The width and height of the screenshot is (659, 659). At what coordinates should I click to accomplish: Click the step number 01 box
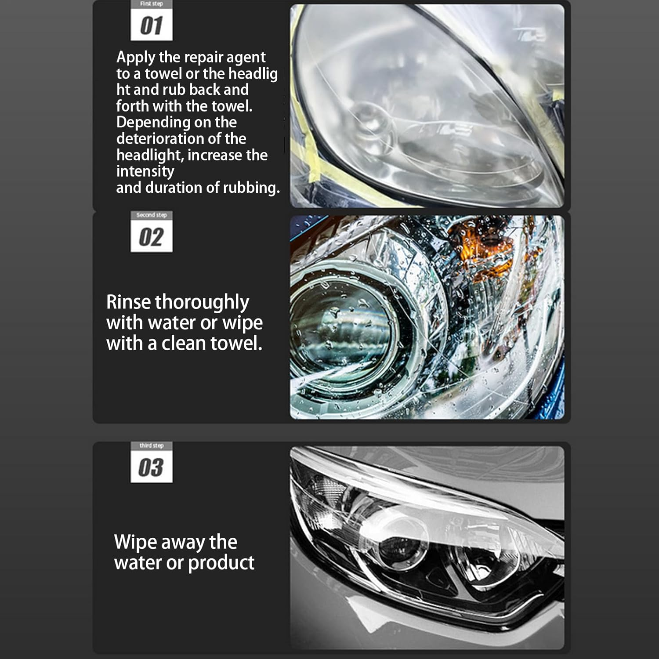152,25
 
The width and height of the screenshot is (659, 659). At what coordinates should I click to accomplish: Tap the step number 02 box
152,237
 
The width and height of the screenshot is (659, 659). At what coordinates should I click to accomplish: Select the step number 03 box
152,467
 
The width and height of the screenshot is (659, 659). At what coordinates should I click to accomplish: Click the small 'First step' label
152,4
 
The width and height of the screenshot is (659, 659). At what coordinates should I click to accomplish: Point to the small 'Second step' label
152,215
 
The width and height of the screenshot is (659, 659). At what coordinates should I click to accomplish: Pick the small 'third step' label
152,445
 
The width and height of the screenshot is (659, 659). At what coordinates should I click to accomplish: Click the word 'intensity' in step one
145,171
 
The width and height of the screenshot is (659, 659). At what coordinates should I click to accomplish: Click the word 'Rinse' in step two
128,302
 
